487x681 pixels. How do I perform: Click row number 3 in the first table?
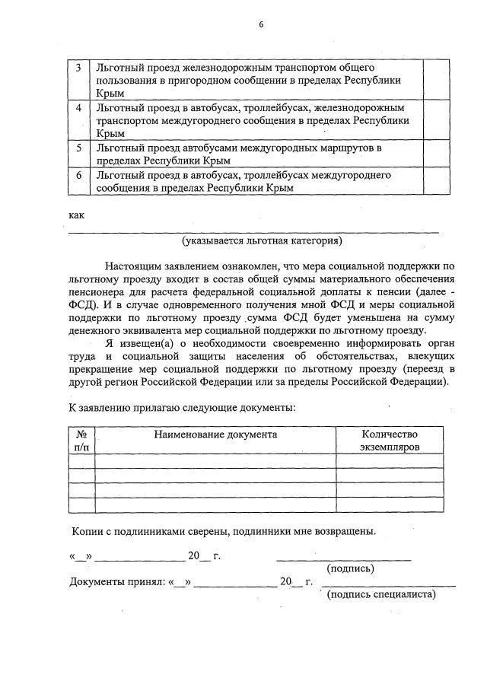[x=78, y=68]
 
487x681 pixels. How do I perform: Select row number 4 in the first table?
[x=78, y=108]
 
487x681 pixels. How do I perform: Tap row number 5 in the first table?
[x=78, y=148]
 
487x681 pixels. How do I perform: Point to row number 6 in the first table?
[x=78, y=175]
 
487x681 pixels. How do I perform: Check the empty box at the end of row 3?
[x=435, y=79]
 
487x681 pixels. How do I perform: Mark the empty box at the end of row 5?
[x=435, y=153]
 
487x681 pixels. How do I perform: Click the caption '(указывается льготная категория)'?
[x=262, y=242]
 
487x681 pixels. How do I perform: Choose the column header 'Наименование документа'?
[x=215, y=434]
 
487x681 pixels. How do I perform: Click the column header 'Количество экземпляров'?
[x=390, y=441]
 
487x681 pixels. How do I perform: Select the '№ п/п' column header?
[x=81, y=441]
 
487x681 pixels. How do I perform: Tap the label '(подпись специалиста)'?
[x=380, y=594]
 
